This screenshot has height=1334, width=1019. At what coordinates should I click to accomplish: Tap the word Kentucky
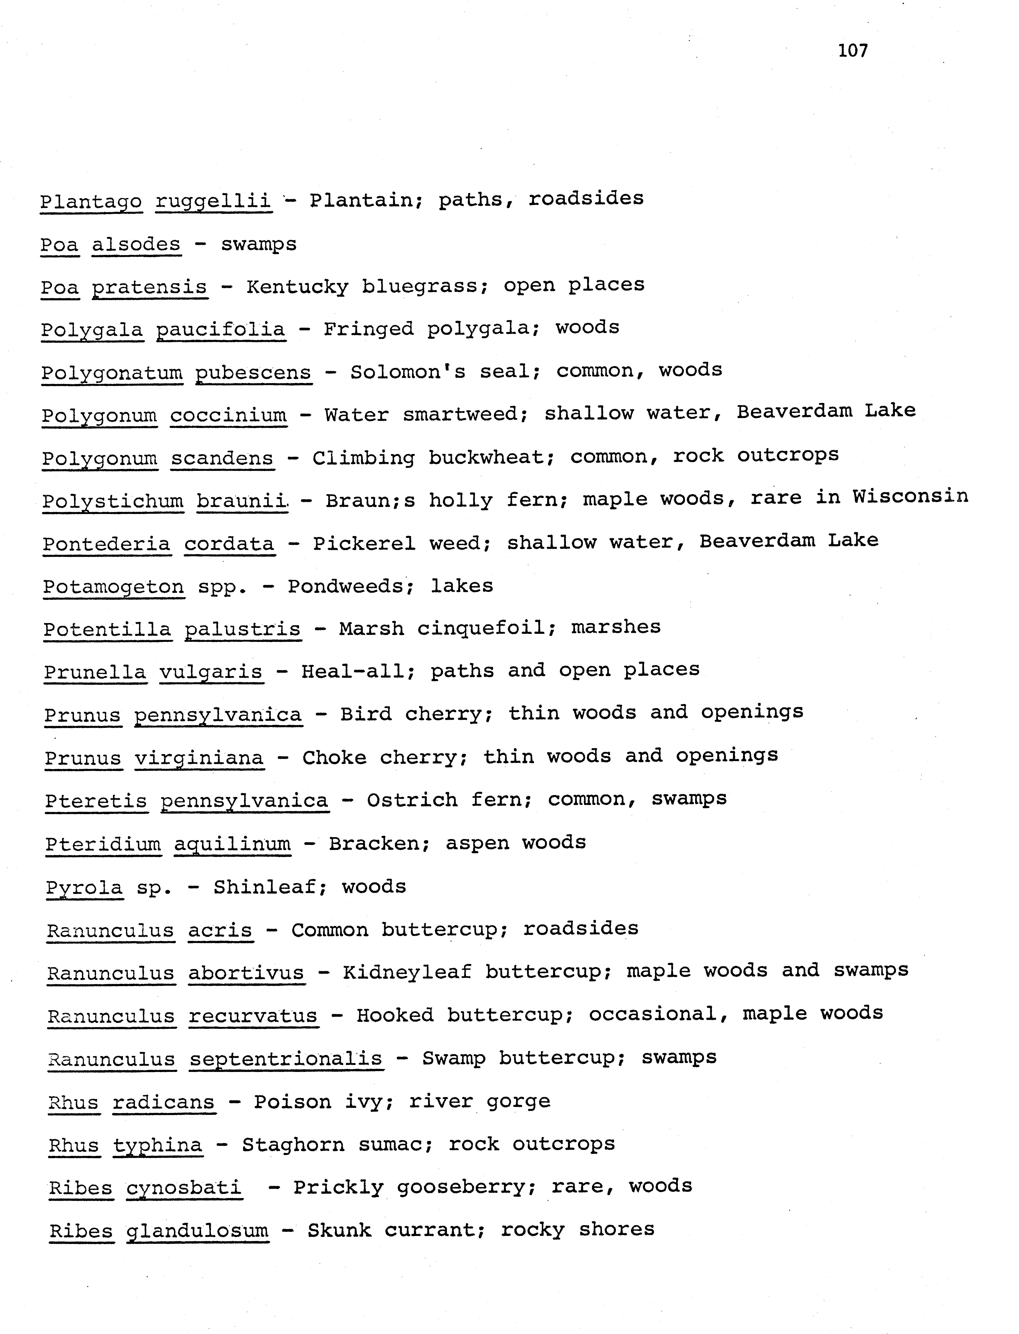[297, 287]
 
